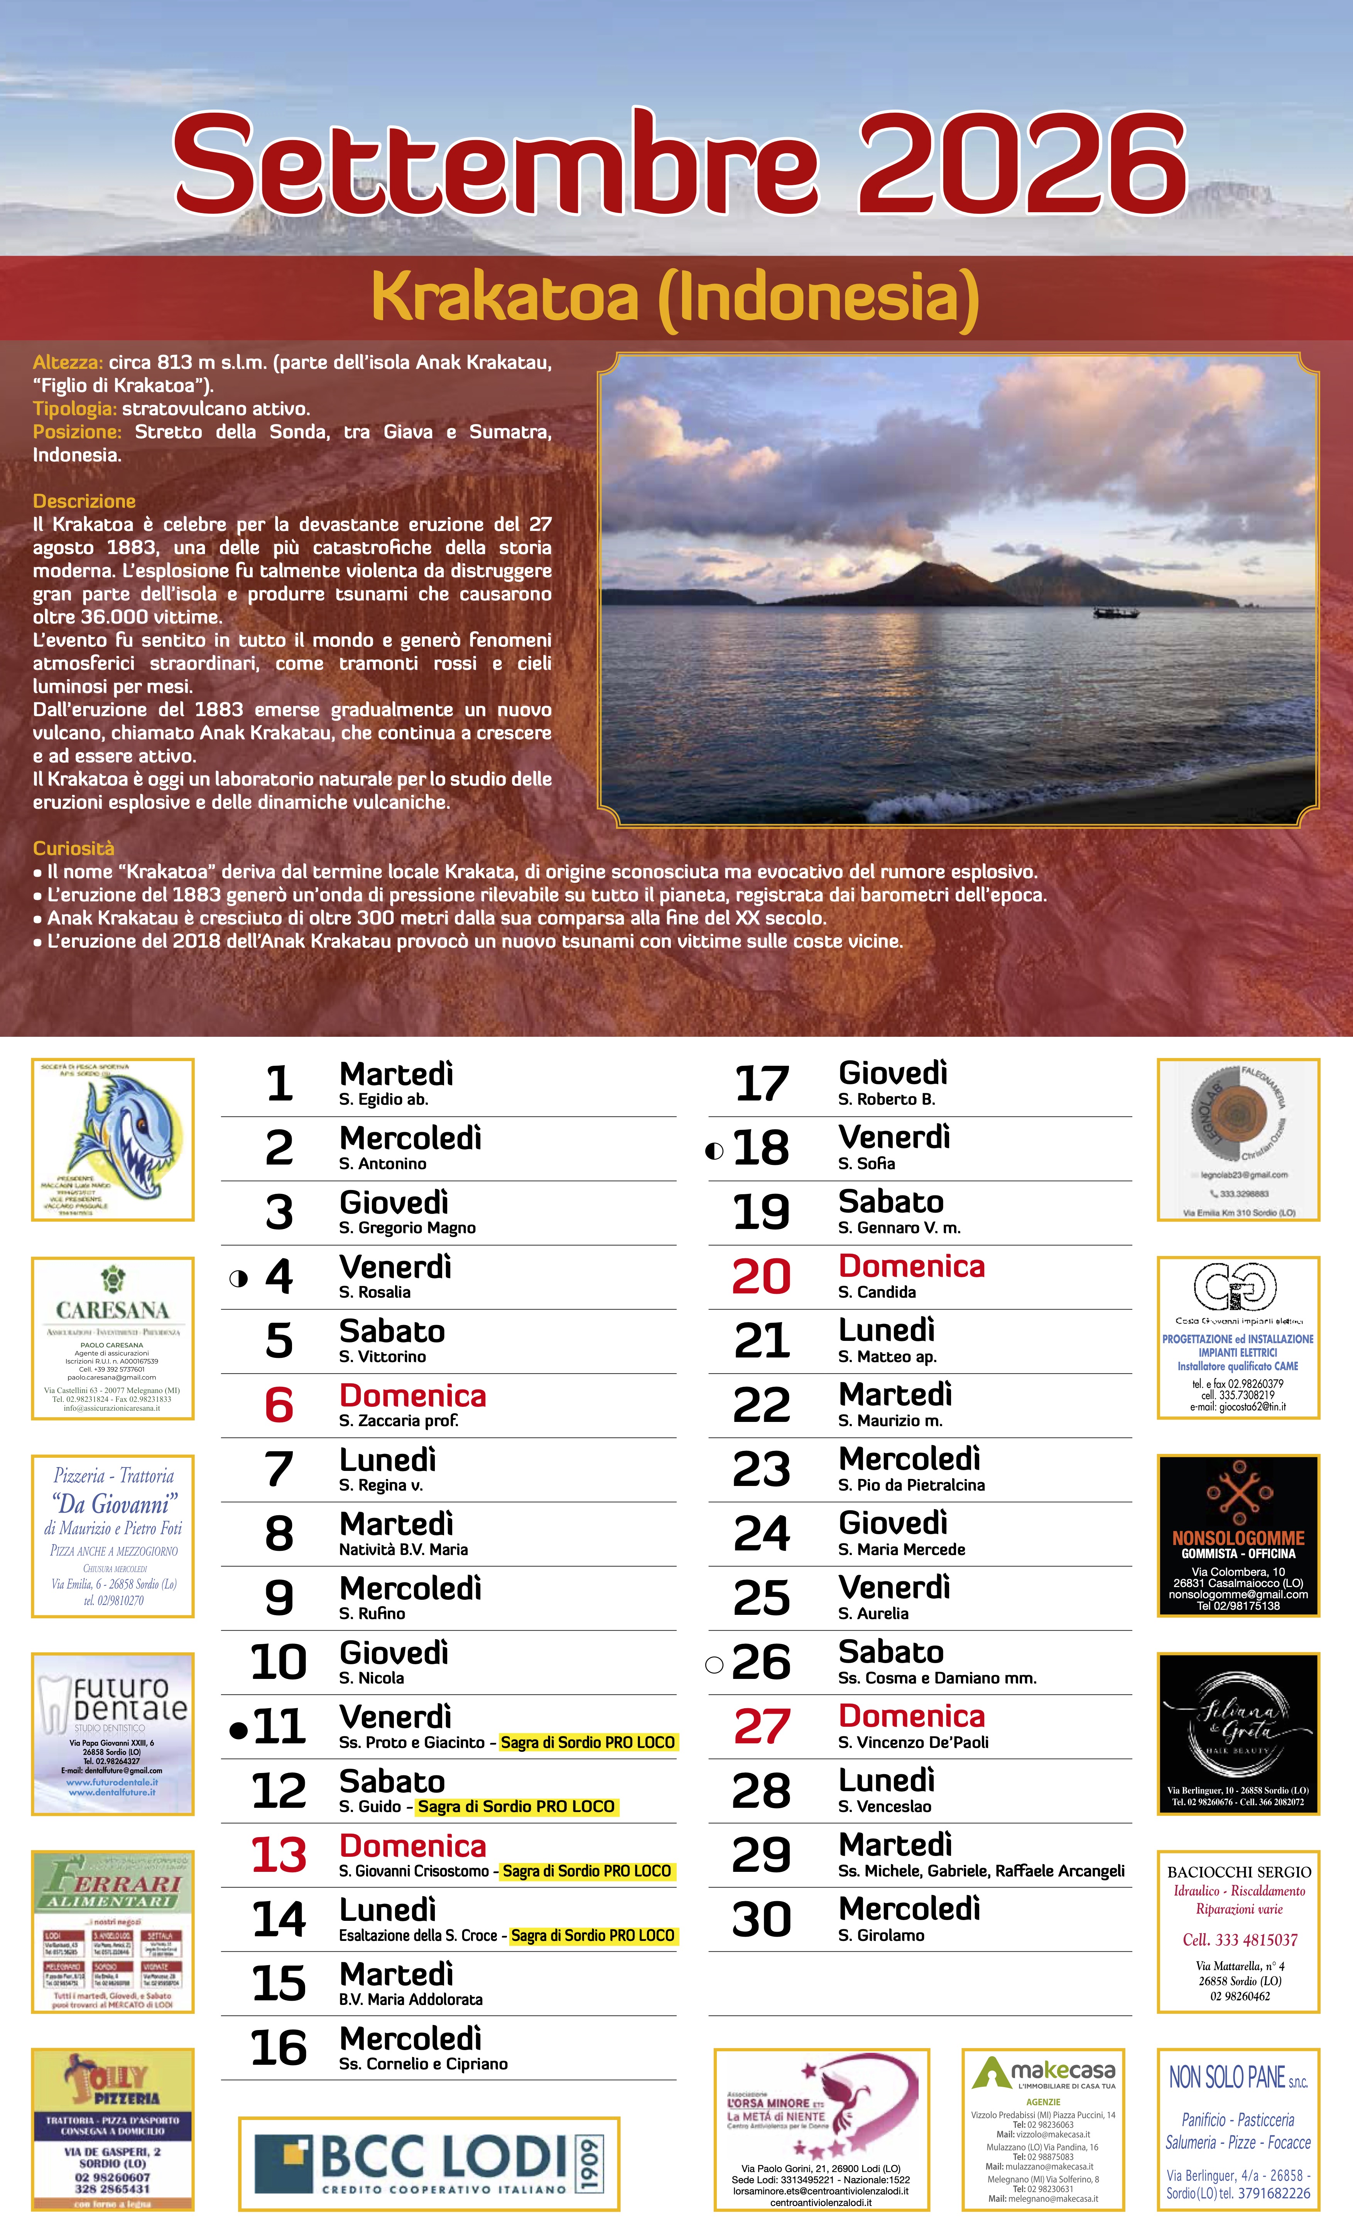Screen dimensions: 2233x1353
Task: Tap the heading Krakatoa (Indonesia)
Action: (675, 296)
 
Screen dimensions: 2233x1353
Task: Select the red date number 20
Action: (761, 1277)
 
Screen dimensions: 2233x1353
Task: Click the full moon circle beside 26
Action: (714, 1665)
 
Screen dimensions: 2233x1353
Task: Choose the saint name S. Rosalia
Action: (374, 1292)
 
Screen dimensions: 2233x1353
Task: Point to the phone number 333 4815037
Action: (1240, 1940)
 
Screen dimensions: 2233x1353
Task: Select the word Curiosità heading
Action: (73, 848)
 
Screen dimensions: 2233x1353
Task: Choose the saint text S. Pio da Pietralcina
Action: (911, 1485)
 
